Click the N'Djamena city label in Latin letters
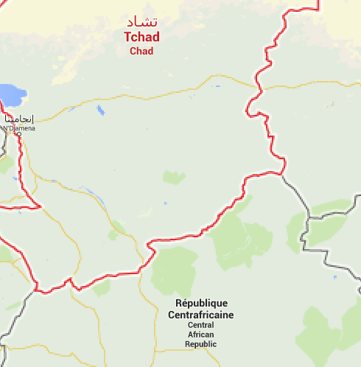(x=18, y=128)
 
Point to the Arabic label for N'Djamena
(x=19, y=119)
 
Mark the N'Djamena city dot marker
(x=18, y=135)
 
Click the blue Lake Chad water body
(x=10, y=94)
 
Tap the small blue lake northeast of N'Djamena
(x=100, y=111)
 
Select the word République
(x=201, y=304)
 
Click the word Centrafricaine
(x=201, y=315)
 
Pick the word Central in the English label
(x=201, y=326)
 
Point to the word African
(x=201, y=335)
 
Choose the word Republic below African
(x=201, y=344)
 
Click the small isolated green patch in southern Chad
(x=174, y=177)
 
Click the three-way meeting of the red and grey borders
(x=281, y=174)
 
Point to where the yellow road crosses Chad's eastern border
(x=257, y=88)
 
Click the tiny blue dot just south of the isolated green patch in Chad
(x=165, y=203)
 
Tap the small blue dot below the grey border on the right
(x=334, y=277)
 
